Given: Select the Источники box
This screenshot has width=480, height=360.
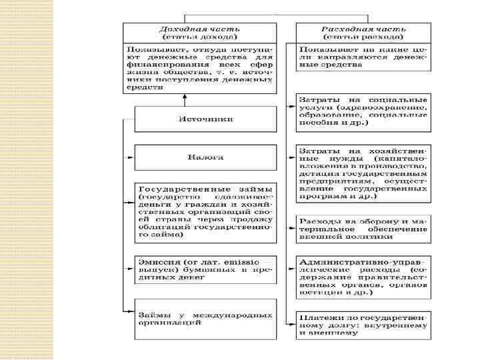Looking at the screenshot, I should coord(205,119).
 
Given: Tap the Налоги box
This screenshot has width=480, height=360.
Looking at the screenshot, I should coord(205,157).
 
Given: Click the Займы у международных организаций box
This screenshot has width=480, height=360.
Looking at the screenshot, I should coord(205,318).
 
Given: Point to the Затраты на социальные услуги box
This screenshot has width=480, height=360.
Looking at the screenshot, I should coord(363,111).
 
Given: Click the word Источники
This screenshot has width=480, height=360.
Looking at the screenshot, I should coord(205,119).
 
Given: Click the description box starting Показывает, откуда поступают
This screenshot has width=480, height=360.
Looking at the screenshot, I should coord(198,68).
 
